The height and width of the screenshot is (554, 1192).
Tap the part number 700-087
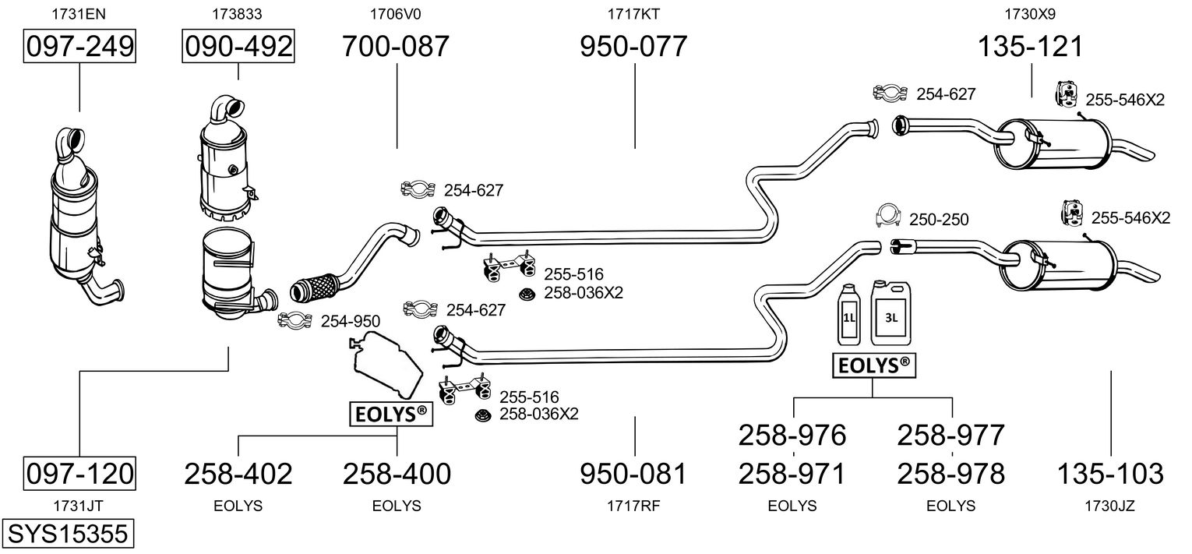point(396,47)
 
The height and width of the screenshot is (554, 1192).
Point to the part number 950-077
point(633,47)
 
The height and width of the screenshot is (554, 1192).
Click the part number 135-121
point(1031,47)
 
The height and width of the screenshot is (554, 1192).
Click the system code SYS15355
point(66,534)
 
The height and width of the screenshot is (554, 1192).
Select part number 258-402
point(238,473)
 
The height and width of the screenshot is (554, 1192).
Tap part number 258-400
point(397,473)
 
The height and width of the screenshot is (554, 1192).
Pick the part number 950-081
point(633,473)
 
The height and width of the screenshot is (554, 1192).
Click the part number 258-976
point(792,435)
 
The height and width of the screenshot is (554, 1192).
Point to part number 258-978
point(951,473)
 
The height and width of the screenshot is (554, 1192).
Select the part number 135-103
point(1110,473)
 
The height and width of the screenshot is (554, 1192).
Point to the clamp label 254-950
point(351,320)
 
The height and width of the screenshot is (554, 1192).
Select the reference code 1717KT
point(633,13)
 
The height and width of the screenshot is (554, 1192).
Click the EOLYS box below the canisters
point(873,365)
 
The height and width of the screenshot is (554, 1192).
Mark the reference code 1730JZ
point(1110,506)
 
